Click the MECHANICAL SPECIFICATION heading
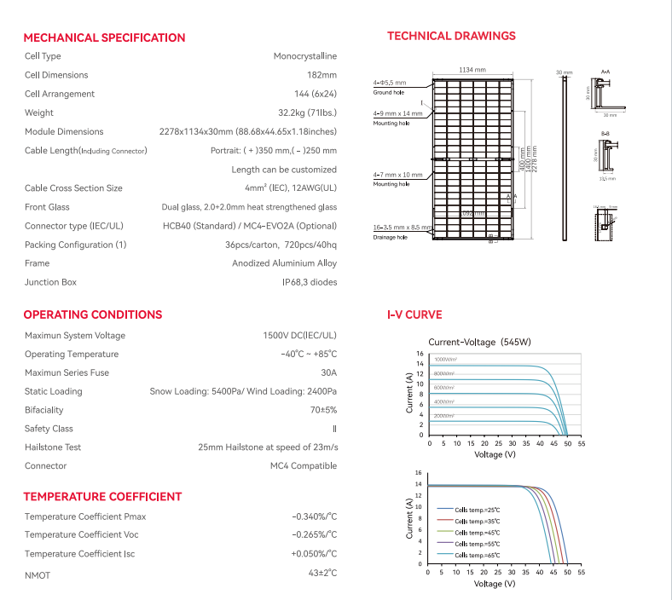(104, 37)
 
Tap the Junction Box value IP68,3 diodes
(310, 282)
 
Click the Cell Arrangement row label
(60, 94)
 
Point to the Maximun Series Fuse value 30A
(329, 372)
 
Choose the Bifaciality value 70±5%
(323, 410)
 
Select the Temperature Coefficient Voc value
(315, 534)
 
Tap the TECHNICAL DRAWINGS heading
(451, 36)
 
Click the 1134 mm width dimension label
(472, 70)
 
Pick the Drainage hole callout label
(390, 237)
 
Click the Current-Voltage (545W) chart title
(478, 342)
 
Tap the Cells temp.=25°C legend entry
(477, 509)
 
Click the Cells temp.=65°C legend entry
(477, 555)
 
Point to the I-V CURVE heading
(414, 314)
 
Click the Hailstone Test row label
(53, 447)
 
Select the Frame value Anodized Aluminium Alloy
(284, 263)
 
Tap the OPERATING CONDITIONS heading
(92, 314)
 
